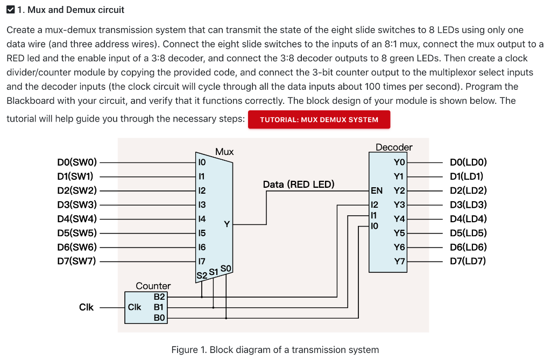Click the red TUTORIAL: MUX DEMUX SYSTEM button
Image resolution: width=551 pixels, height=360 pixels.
click(x=319, y=119)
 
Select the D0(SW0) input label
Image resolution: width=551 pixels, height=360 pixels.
click(x=77, y=162)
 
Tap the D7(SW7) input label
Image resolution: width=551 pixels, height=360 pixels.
click(x=77, y=262)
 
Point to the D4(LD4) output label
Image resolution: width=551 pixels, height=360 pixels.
click(x=468, y=218)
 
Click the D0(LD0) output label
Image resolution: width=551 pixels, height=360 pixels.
click(x=468, y=162)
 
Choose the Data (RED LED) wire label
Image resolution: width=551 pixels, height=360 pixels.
click(x=299, y=185)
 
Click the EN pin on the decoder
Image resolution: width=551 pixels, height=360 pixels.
click(x=377, y=190)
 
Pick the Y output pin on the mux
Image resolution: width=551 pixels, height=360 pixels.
click(x=227, y=224)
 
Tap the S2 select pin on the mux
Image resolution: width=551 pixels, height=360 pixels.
click(x=202, y=276)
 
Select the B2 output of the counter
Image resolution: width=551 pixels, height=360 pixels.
click(x=160, y=296)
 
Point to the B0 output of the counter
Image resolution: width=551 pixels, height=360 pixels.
click(x=160, y=318)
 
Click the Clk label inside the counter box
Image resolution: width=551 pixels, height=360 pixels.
click(x=134, y=307)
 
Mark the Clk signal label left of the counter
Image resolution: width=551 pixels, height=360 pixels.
click(x=86, y=307)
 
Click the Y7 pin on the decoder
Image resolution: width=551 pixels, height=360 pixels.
click(x=399, y=262)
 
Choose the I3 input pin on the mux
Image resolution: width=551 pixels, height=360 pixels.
click(x=202, y=204)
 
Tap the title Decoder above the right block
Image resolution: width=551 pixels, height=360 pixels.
click(x=394, y=147)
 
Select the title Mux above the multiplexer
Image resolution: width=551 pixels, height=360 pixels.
click(x=224, y=152)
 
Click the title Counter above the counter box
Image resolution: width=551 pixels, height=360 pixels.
click(x=153, y=286)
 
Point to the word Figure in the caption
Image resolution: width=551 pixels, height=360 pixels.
click(x=184, y=350)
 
